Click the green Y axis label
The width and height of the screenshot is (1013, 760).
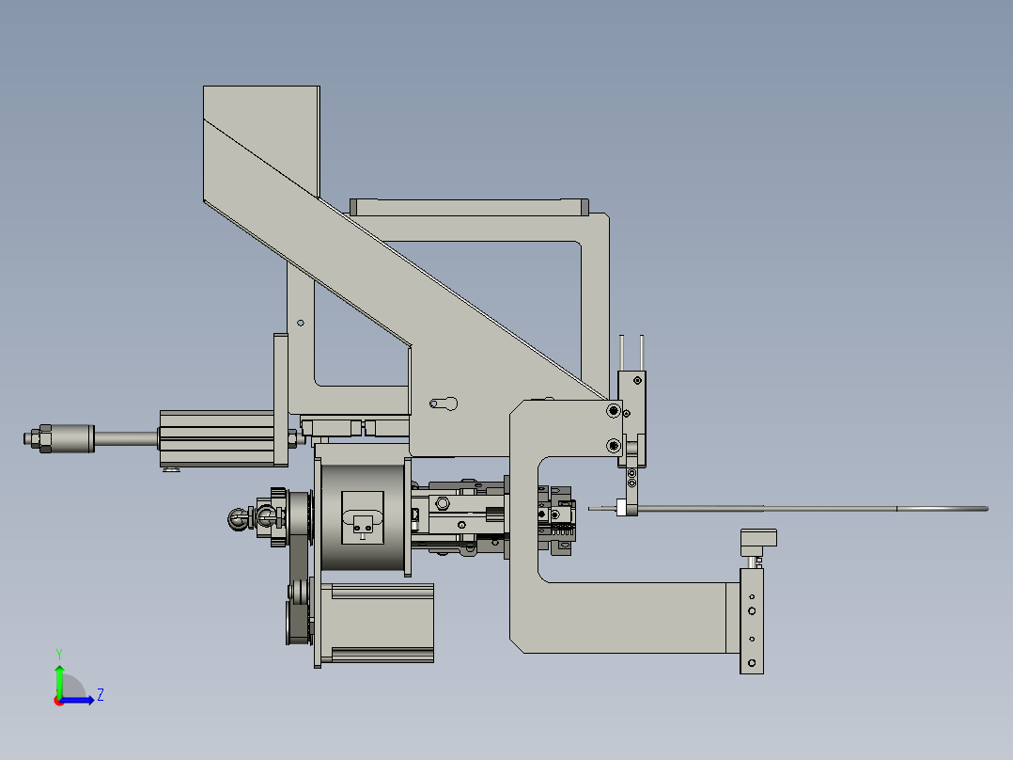pos(58,653)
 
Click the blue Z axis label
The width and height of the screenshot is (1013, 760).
pos(100,695)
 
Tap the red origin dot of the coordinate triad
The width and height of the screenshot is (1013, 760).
pos(59,700)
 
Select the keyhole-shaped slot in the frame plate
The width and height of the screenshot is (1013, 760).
pos(444,404)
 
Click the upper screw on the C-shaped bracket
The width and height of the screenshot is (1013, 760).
pos(613,410)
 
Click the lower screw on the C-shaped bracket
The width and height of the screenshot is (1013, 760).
pos(613,444)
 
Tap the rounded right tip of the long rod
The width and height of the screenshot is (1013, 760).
pos(985,509)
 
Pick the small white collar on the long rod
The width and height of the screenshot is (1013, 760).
pos(621,509)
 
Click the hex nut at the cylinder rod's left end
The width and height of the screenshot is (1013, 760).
pos(35,438)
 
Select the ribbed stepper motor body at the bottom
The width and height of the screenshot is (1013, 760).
pos(376,623)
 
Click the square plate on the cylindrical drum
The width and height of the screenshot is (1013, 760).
pos(363,516)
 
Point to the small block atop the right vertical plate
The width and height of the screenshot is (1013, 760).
pos(758,539)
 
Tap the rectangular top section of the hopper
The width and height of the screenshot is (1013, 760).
pos(261,141)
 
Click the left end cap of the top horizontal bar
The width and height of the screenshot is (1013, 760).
pos(354,207)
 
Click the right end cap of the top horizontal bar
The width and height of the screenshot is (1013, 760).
pos(584,207)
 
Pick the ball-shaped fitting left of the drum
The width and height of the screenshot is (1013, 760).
pos(237,515)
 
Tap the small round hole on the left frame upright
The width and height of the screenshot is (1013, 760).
pos(301,323)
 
